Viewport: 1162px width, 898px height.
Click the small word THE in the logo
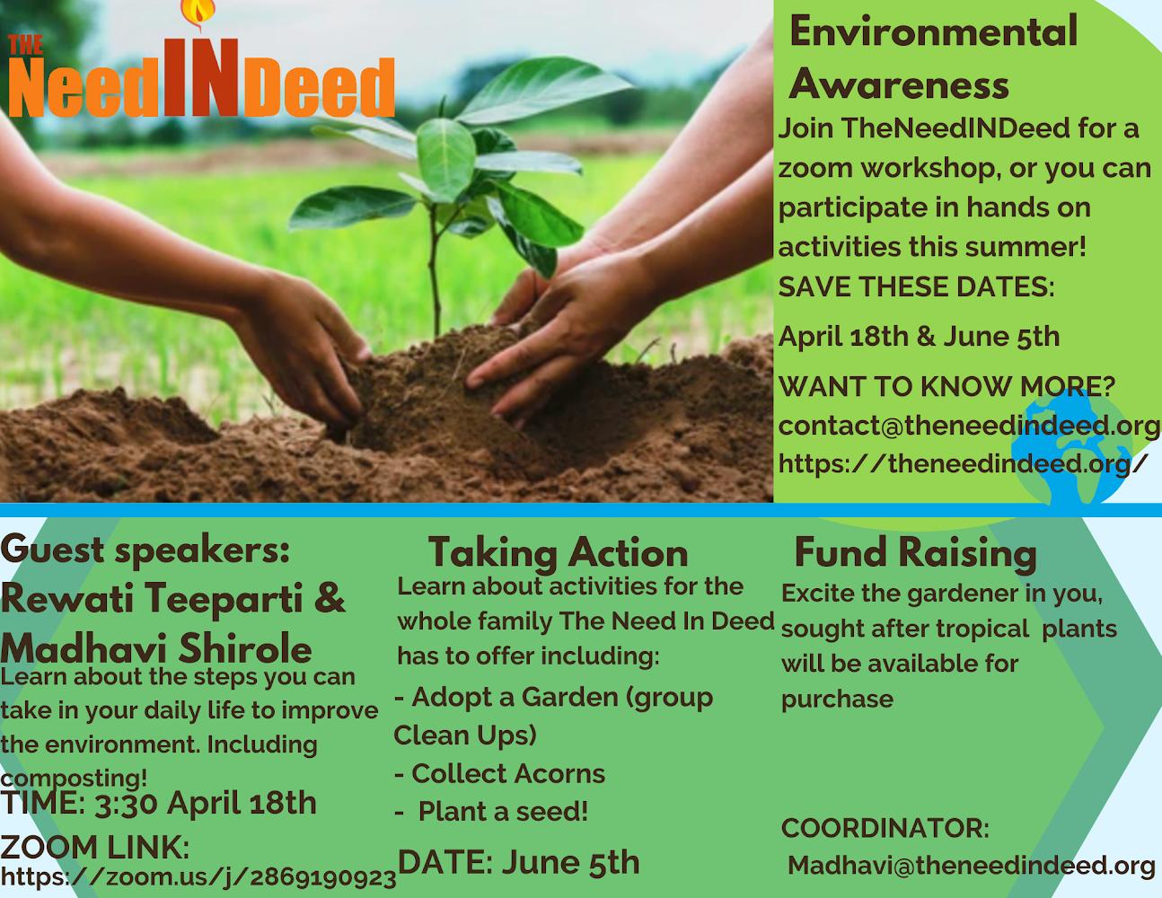(26, 46)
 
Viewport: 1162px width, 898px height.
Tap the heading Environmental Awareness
(933, 57)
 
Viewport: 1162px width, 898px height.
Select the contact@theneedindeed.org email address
(969, 426)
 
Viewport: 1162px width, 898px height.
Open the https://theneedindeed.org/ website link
(962, 463)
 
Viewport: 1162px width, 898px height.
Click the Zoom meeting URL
(198, 877)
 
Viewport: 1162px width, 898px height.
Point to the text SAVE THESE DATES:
(916, 287)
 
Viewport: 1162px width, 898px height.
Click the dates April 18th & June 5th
(919, 337)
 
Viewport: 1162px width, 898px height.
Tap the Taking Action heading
(558, 552)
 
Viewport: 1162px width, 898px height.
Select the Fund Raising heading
(915, 552)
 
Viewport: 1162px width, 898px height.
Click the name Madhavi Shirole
(156, 648)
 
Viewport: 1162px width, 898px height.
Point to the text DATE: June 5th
(519, 862)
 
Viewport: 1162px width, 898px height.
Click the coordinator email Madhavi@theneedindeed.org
(972, 865)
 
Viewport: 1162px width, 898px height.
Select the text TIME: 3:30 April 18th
(158, 804)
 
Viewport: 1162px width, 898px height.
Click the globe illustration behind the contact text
(1071, 450)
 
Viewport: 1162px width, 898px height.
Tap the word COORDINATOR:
(885, 828)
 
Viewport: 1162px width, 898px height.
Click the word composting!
(74, 777)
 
